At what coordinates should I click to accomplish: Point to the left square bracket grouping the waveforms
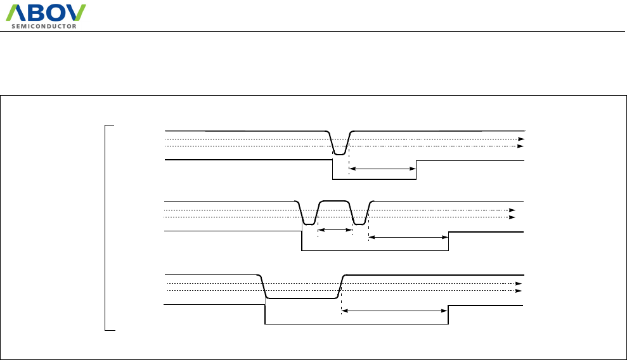pos(105,228)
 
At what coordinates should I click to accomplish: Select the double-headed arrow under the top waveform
pos(382,169)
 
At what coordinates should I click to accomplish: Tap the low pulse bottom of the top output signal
pos(374,179)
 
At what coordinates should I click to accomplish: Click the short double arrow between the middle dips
pos(334,230)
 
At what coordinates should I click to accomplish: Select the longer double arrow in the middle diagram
pos(408,238)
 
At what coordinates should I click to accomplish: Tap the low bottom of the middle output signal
pos(374,250)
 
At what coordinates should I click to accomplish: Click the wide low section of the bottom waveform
pos(301,297)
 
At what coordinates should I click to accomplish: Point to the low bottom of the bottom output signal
pos(355,324)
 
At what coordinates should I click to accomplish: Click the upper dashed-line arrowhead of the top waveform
pos(522,139)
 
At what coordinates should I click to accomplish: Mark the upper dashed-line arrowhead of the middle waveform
pos(513,210)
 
